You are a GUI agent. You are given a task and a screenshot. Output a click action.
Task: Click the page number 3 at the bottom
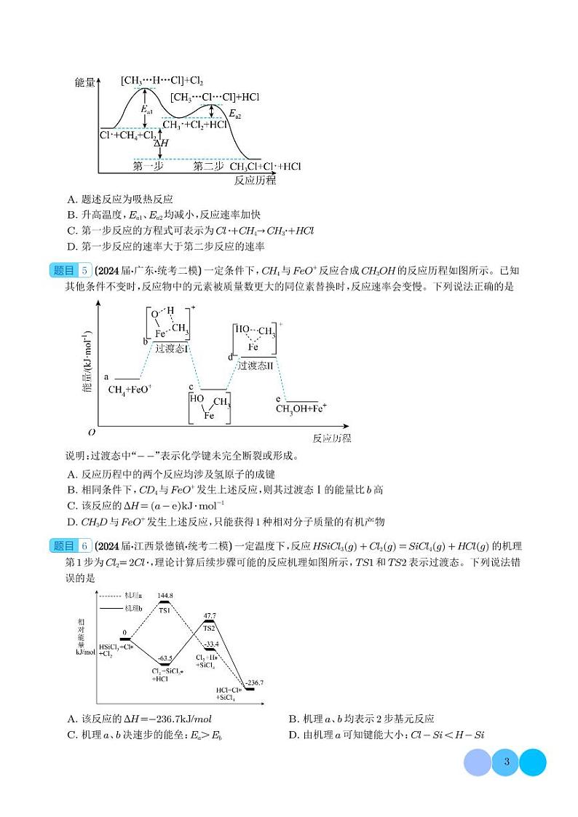pos(506,762)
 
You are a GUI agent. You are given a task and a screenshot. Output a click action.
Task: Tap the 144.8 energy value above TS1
pos(165,595)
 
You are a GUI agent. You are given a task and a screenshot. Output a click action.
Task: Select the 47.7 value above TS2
pos(210,615)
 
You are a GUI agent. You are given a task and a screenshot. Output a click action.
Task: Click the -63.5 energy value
pos(165,658)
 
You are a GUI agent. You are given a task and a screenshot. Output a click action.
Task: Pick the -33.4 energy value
pos(210,644)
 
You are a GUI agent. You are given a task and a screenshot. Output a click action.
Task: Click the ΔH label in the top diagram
pos(161,143)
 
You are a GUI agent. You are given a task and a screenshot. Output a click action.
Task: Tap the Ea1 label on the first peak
pos(148,110)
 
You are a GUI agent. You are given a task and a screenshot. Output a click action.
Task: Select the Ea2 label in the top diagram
pos(234,114)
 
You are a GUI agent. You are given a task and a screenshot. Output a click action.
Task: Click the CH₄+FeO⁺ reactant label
pos(130,390)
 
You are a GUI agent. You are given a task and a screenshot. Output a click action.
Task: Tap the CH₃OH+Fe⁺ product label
pos(301,408)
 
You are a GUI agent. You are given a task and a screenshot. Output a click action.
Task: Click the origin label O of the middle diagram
pos(92,432)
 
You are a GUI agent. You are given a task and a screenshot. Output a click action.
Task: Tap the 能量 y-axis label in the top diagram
pos(85,82)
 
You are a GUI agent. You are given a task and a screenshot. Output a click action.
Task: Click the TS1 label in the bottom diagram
pos(165,610)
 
